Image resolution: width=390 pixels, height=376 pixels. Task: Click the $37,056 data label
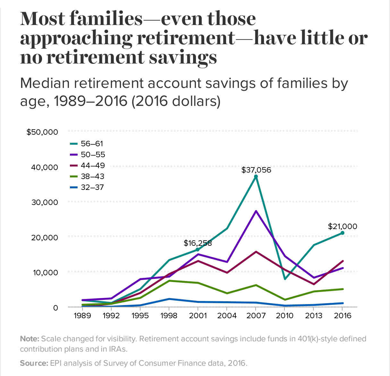[x=256, y=170]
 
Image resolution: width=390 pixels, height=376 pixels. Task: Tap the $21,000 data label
[x=342, y=226]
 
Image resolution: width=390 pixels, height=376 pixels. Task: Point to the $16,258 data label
[x=198, y=243]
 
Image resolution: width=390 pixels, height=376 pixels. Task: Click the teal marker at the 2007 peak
[x=256, y=176]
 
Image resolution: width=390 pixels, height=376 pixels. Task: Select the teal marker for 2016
[x=343, y=233]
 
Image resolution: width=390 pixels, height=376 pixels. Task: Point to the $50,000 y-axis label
[x=42, y=132]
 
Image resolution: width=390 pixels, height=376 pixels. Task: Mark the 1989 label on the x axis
[x=82, y=316]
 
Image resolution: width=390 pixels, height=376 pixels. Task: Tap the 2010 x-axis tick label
[x=285, y=316]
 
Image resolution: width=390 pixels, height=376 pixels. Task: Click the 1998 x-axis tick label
[x=169, y=316]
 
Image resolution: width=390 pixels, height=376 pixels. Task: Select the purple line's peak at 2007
[x=256, y=211]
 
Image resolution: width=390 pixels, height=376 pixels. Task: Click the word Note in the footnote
[x=30, y=339]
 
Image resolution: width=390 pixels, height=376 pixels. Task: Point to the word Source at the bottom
[x=34, y=363]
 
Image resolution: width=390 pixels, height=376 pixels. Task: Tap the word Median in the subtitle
[x=45, y=83]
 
